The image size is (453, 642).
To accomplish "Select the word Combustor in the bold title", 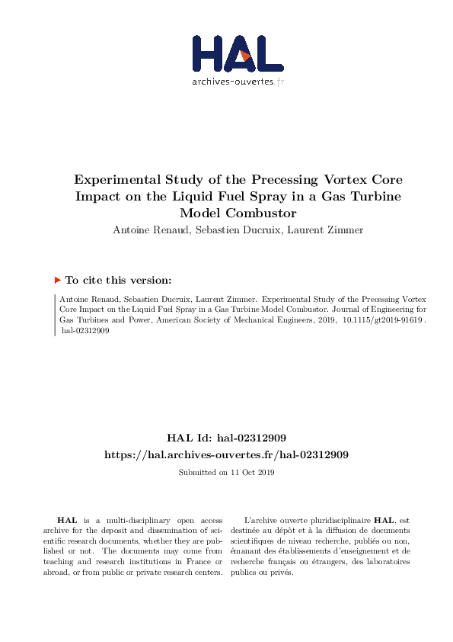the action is pyautogui.click(x=257, y=213).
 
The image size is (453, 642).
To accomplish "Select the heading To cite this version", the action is pyautogui.click(x=119, y=280).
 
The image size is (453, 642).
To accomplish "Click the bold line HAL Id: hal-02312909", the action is pyautogui.click(x=226, y=438).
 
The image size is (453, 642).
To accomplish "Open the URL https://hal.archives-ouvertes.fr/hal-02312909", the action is pyautogui.click(x=226, y=454).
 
